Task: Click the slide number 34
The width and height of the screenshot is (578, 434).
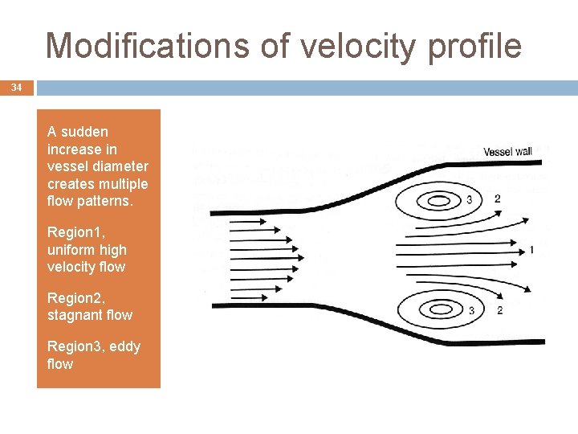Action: pos(16,88)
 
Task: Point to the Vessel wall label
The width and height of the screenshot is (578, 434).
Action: pos(507,151)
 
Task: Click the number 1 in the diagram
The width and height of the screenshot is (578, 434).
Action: pos(531,250)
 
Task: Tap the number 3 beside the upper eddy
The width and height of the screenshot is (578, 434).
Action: pos(470,199)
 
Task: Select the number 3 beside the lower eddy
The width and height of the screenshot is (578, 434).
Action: pos(471,310)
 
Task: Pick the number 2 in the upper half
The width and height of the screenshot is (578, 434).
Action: pos(498,199)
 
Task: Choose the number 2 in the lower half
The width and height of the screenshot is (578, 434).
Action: pos(499,310)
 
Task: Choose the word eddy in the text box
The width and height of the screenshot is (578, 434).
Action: pos(125,346)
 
